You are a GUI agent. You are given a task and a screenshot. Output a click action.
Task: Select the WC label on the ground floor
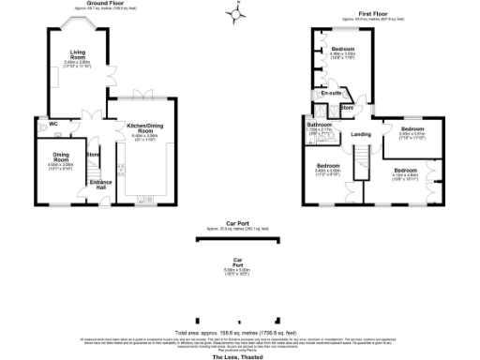coord(54,124)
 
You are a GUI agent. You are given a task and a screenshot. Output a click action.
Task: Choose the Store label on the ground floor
coord(93,154)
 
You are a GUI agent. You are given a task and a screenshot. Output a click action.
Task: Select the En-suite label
coord(330,94)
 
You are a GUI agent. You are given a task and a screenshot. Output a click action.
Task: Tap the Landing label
coord(361,135)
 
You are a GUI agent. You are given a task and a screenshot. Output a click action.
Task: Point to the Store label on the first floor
coord(346,108)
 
